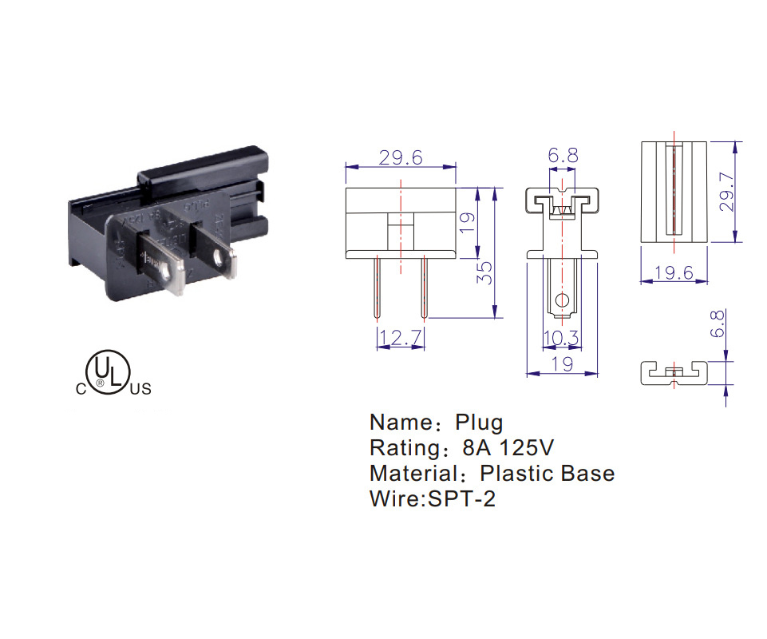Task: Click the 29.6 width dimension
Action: click(400, 157)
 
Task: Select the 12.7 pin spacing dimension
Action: click(400, 339)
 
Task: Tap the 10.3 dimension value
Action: click(561, 339)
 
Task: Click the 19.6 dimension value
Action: click(674, 273)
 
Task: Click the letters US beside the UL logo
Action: click(140, 390)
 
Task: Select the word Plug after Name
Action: click(479, 423)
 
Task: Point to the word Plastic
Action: click(520, 474)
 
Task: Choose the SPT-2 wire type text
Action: click(462, 500)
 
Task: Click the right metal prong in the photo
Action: click(216, 252)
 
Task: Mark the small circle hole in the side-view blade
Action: click(563, 301)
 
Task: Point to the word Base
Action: click(588, 474)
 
